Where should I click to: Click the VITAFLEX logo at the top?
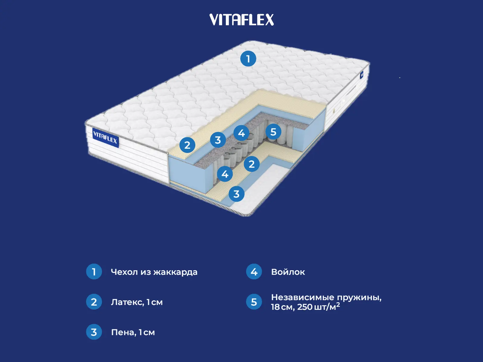pyautogui.click(x=241, y=20)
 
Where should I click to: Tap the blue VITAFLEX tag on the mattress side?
pyautogui.click(x=105, y=138)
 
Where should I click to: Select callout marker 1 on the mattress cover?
pyautogui.click(x=248, y=59)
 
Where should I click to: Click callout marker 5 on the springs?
pyautogui.click(x=273, y=132)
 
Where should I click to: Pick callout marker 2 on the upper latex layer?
pyautogui.click(x=187, y=145)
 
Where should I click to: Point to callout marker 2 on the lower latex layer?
pyautogui.click(x=251, y=164)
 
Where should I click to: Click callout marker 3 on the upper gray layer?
pyautogui.click(x=218, y=140)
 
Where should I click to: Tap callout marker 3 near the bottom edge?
pyautogui.click(x=236, y=194)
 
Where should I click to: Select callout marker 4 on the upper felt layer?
pyautogui.click(x=241, y=133)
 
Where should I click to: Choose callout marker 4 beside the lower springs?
pyautogui.click(x=225, y=174)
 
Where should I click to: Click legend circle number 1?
pyautogui.click(x=94, y=271)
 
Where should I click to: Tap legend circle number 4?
pyautogui.click(x=254, y=271)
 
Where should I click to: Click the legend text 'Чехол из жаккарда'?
pyautogui.click(x=154, y=272)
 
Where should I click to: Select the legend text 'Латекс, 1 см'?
pyautogui.click(x=137, y=302)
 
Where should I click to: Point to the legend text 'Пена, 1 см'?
pyautogui.click(x=133, y=332)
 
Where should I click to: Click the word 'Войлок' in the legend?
pyautogui.click(x=288, y=272)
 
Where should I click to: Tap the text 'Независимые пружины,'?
pyautogui.click(x=326, y=297)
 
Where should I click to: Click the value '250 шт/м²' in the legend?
pyautogui.click(x=318, y=307)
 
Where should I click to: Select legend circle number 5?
pyautogui.click(x=254, y=302)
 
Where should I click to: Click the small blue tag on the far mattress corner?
pyautogui.click(x=361, y=75)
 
